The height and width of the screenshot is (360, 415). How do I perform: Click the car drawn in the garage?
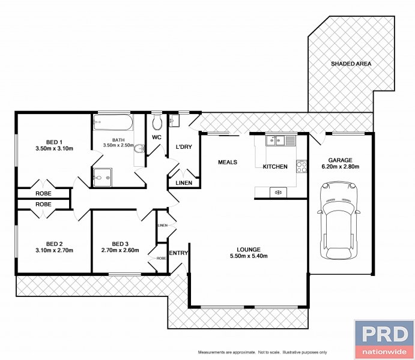(339, 220)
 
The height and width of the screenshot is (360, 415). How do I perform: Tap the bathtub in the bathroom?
(112, 122)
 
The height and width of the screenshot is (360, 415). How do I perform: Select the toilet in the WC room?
(157, 122)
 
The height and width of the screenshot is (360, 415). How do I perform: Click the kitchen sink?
(280, 140)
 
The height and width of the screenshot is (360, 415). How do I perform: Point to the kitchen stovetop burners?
(301, 167)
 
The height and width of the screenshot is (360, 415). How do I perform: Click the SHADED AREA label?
(351, 64)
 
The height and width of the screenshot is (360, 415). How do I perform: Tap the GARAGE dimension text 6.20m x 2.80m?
(340, 167)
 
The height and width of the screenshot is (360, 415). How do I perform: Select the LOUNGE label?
(249, 249)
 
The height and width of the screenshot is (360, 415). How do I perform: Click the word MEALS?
(228, 162)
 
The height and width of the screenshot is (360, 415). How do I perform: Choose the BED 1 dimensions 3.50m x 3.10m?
(54, 149)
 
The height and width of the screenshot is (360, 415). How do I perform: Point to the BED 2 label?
(54, 244)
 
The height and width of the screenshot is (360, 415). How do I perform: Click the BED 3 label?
(120, 244)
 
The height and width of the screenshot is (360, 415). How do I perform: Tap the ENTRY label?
(178, 253)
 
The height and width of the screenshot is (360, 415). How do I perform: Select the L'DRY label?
(184, 146)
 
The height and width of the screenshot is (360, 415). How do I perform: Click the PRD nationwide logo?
(384, 339)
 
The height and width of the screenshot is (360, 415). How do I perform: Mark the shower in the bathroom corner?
(102, 178)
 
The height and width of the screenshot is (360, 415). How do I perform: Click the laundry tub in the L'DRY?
(174, 121)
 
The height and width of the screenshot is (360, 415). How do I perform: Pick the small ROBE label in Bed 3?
(161, 258)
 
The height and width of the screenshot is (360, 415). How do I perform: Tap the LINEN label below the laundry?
(184, 182)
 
